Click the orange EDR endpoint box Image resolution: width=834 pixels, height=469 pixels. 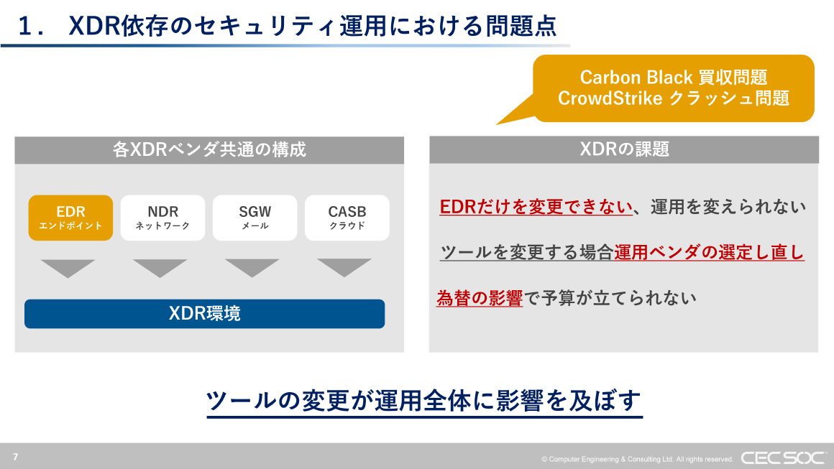point(70,218)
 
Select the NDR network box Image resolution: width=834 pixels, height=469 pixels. point(162,218)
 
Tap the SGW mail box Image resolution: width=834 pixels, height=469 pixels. point(255,218)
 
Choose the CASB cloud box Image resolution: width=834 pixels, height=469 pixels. point(347,218)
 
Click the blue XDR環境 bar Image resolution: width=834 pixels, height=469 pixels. point(204,314)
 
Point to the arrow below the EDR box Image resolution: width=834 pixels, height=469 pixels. point(68,267)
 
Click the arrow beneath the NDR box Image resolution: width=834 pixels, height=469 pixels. point(160,267)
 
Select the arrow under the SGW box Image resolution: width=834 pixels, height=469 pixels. point(252,267)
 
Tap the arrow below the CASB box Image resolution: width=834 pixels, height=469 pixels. point(344,267)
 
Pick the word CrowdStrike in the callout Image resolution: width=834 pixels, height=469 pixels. point(610,98)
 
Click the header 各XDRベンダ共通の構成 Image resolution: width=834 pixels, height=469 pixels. point(209,149)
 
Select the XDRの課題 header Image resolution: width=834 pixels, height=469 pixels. point(624,149)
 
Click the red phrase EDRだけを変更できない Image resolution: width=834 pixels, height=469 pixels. point(536,208)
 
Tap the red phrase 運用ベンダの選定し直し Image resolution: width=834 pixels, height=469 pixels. point(709,253)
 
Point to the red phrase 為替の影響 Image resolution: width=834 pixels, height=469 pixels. point(479,298)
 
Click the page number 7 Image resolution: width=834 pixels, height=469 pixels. point(15,457)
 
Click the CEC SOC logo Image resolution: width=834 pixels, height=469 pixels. point(782,458)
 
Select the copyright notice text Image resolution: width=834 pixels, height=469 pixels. point(637,459)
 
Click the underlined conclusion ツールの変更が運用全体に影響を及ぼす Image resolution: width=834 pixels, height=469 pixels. point(423,401)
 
